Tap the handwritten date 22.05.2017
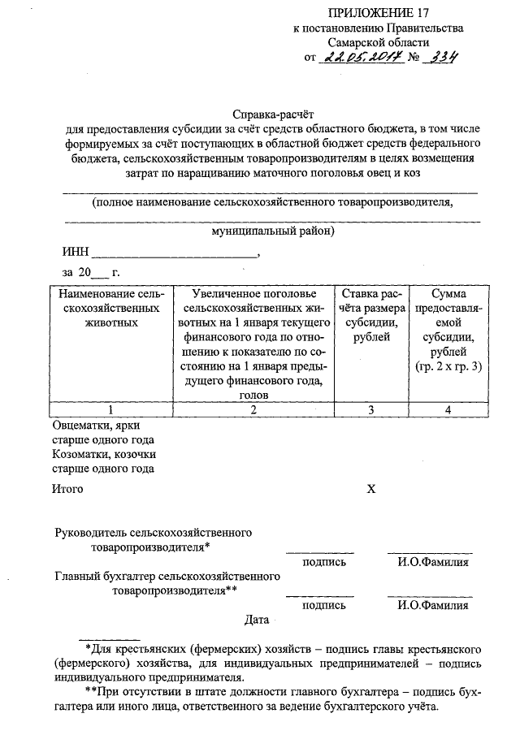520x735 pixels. [x=357, y=57]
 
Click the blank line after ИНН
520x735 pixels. [x=174, y=253]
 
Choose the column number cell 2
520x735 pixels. [x=253, y=409]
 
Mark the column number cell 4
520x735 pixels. [x=448, y=409]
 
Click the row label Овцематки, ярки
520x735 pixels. [x=101, y=426]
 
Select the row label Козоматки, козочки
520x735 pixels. [x=104, y=454]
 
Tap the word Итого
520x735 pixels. [x=68, y=489]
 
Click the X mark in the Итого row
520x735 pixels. [x=371, y=489]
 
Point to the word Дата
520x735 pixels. [x=257, y=621]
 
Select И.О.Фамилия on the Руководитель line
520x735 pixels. [x=433, y=562]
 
